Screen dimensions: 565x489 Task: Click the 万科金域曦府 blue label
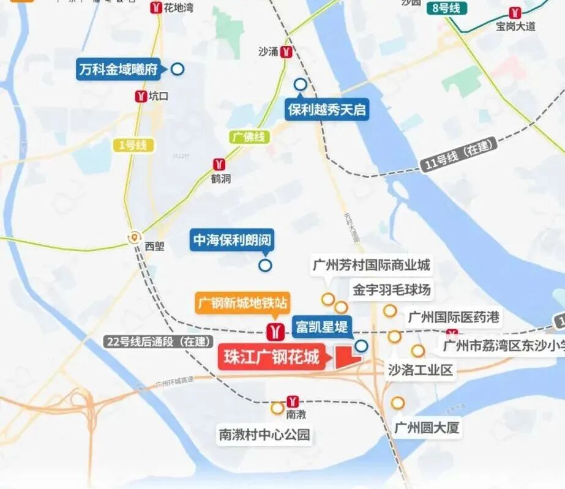pos(118,70)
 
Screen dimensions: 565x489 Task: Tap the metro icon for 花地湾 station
pos(157,8)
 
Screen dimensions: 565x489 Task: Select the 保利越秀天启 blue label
pos(327,110)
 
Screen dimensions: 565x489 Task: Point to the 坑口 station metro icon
pos(141,96)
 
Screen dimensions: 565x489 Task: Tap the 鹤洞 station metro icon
pos(219,164)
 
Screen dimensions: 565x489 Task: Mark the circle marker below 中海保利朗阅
pos(265,266)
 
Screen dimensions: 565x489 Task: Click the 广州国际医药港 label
pos(454,317)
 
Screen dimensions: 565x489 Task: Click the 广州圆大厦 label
pos(426,427)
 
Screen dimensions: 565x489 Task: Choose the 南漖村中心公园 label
pos(264,435)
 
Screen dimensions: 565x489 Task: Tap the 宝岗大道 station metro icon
pos(515,13)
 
